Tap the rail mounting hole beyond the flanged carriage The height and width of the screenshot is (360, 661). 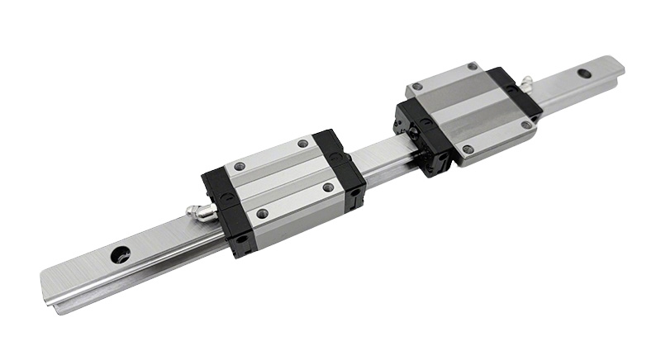tap(584, 73)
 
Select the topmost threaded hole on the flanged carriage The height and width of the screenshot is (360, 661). tap(472, 66)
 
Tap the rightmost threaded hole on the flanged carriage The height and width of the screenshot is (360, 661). tap(525, 125)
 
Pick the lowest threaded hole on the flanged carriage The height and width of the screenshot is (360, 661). tap(467, 149)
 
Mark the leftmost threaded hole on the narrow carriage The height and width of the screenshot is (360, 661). tap(239, 168)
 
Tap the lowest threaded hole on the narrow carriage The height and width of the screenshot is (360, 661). tap(263, 213)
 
